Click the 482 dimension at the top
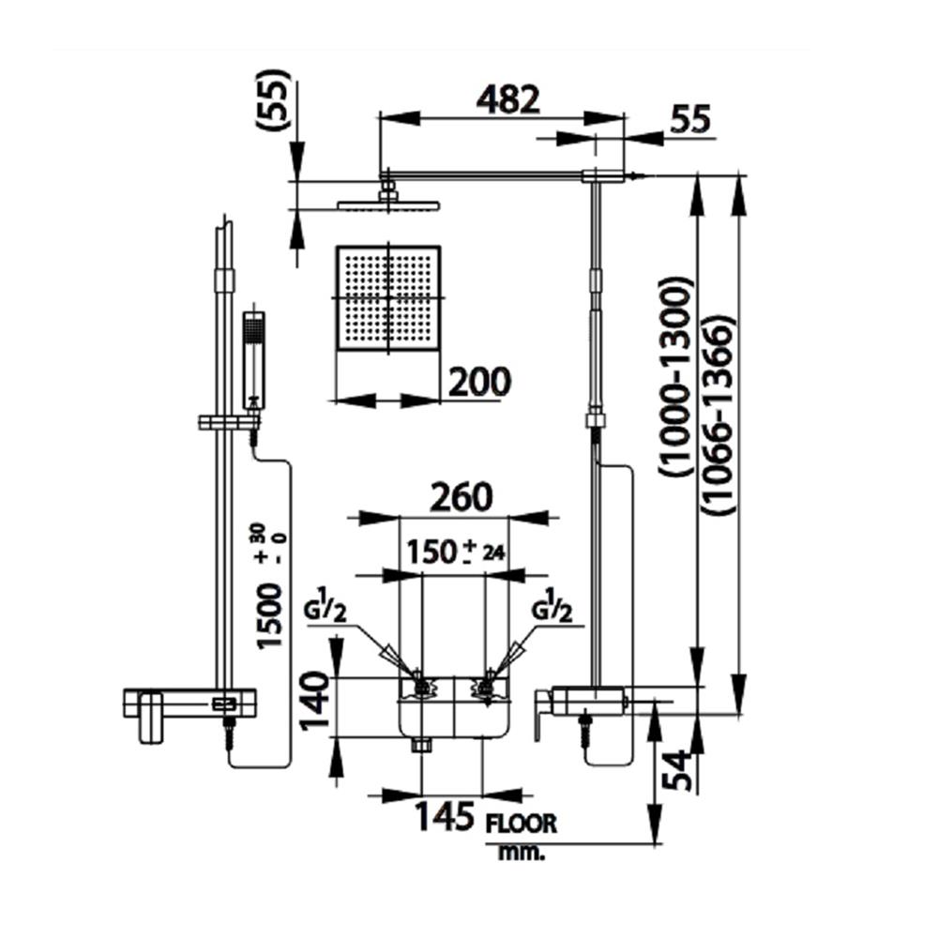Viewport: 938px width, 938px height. tap(508, 100)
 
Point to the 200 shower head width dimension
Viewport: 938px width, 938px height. tap(479, 382)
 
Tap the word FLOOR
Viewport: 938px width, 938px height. tap(522, 824)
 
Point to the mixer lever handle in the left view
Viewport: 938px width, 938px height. tap(147, 718)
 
